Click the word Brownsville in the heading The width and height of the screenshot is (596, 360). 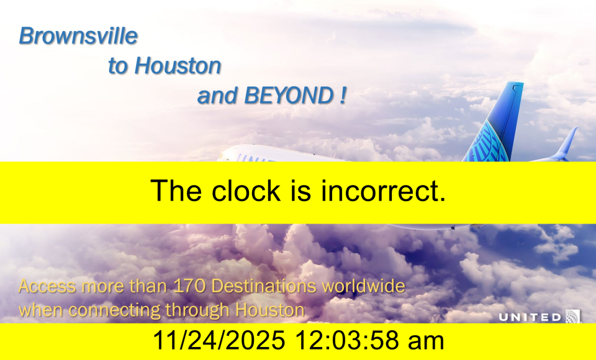click(x=78, y=36)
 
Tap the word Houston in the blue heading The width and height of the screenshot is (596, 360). click(x=178, y=65)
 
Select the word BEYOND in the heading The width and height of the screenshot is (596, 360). click(x=289, y=95)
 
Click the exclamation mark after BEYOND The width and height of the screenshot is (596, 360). click(x=343, y=95)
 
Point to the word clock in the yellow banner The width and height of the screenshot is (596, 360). click(x=246, y=191)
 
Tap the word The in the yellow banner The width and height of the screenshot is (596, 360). click(x=176, y=191)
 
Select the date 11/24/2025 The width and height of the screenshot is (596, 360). click(x=219, y=340)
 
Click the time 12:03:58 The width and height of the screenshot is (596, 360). click(x=346, y=340)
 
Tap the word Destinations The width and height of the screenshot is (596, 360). click(x=263, y=286)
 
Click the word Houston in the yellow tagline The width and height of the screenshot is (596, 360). click(x=270, y=310)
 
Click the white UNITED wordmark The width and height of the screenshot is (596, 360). click(x=530, y=317)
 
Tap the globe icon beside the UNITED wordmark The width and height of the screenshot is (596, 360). click(x=573, y=317)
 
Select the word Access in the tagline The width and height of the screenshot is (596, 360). click(x=47, y=286)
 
